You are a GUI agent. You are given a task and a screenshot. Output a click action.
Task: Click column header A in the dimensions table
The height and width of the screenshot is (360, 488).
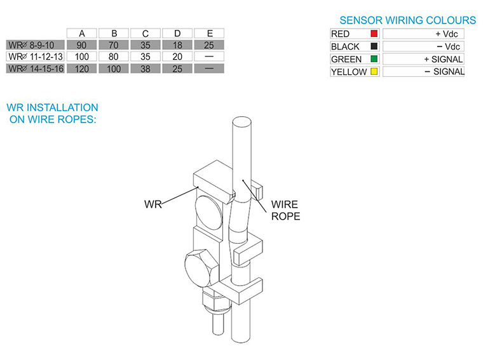pos(82,33)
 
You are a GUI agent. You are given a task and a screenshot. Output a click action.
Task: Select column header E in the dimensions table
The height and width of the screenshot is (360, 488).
pos(209,33)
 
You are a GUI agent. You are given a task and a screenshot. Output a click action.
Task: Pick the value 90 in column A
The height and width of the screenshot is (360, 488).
pos(82,45)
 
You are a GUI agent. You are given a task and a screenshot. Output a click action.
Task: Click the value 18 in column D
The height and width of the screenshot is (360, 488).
pos(177,45)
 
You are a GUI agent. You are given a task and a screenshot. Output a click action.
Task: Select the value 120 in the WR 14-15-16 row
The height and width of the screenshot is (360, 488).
pos(82,68)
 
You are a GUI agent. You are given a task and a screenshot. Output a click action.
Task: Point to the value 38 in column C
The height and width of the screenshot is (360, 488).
pos(146,68)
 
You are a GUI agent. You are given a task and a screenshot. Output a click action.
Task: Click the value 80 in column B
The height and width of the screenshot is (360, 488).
pos(114,57)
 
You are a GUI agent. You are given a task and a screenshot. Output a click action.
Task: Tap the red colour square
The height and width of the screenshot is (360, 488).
pos(374,34)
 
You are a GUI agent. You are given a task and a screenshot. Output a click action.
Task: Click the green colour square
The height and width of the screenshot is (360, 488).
pos(374,59)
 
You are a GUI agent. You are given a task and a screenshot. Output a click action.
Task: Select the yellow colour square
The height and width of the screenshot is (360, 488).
pos(374,72)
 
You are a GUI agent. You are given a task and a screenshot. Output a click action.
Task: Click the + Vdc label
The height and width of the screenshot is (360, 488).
pos(446,34)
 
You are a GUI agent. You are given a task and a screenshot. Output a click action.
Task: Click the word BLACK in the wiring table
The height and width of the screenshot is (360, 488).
pos(345,46)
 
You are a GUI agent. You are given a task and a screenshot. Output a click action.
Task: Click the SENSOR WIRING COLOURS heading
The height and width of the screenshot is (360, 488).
pos(407,20)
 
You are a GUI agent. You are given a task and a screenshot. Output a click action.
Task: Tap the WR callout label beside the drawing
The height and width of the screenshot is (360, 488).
pos(153,204)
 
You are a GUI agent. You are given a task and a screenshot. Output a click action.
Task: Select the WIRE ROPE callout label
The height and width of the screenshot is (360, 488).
pos(285,210)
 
